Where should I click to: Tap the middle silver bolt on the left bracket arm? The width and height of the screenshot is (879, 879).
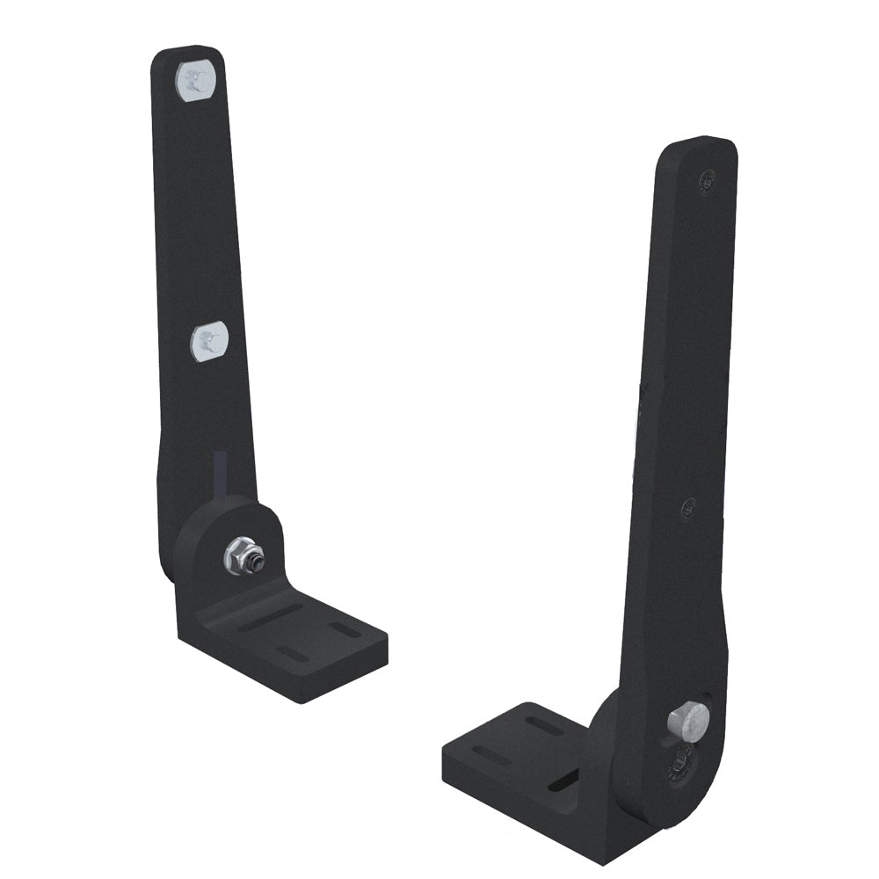point(208,339)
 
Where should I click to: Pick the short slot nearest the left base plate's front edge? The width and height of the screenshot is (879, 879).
point(291,652)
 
